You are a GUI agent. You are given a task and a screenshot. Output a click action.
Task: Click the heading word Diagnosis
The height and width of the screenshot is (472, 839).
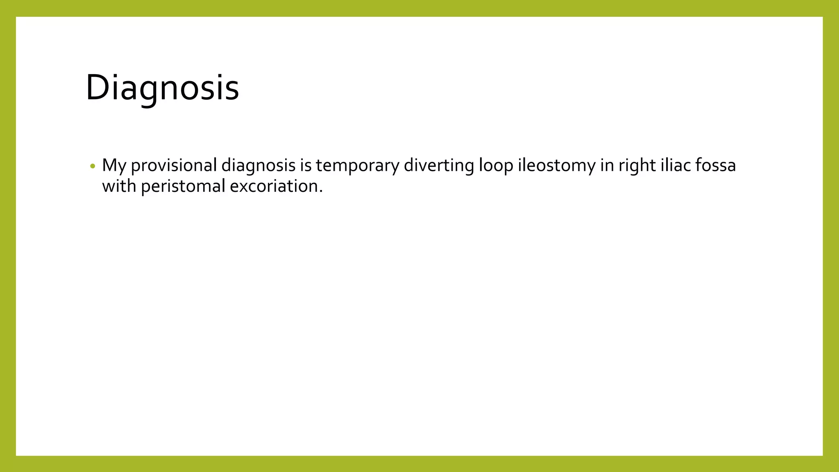pos(162,87)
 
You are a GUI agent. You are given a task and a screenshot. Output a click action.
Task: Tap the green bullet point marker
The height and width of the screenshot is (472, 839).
pos(93,166)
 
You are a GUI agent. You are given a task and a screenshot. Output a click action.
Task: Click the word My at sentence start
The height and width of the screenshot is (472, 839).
pos(113,166)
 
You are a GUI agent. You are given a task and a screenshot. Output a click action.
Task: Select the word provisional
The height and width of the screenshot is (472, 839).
pos(174,166)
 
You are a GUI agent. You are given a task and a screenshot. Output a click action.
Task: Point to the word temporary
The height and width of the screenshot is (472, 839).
pos(357,166)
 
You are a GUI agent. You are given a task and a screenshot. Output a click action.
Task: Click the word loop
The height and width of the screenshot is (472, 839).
pos(496,166)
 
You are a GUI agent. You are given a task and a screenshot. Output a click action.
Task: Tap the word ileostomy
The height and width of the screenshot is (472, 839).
pos(557,166)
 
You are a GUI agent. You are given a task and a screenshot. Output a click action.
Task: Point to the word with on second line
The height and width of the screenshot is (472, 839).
pos(119,186)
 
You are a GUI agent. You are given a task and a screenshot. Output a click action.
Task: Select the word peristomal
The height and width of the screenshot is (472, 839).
pos(183,186)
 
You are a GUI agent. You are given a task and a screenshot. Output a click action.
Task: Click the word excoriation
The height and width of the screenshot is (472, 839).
pos(274,186)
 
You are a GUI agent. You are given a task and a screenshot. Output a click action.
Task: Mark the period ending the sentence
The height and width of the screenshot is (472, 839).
pos(321,192)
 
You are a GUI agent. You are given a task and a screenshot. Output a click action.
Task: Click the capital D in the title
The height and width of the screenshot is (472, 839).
pos(97,87)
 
